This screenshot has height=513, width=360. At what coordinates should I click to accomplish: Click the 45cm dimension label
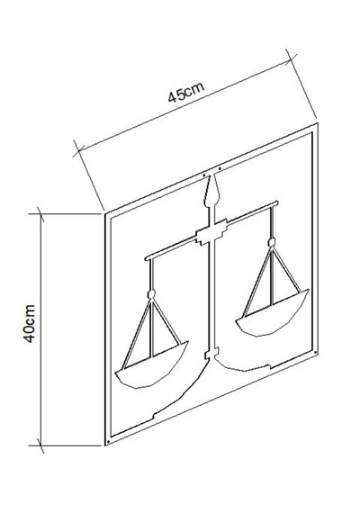186,92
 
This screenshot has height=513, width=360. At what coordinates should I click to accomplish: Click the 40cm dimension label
29,324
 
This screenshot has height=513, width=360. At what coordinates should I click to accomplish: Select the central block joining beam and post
211,232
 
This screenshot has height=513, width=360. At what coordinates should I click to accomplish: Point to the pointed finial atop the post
211,191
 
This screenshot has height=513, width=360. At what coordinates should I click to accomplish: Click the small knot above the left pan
151,294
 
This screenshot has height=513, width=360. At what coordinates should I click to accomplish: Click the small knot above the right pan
271,242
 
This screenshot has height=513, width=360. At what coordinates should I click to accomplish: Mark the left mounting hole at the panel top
204,175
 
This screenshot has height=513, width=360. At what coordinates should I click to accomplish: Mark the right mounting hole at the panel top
220,169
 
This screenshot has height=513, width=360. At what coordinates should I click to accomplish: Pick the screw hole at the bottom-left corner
108,442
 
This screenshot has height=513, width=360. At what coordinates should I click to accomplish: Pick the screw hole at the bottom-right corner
315,353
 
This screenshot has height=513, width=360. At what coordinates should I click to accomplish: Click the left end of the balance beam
146,258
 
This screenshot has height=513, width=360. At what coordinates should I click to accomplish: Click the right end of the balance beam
277,202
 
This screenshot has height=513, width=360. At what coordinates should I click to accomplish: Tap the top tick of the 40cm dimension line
40,214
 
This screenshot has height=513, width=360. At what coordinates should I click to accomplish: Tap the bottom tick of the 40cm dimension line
40,445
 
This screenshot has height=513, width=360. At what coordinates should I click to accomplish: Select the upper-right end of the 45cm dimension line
291,58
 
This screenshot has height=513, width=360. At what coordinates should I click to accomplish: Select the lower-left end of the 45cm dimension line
78,151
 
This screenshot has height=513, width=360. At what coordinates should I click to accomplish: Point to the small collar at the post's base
211,354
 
